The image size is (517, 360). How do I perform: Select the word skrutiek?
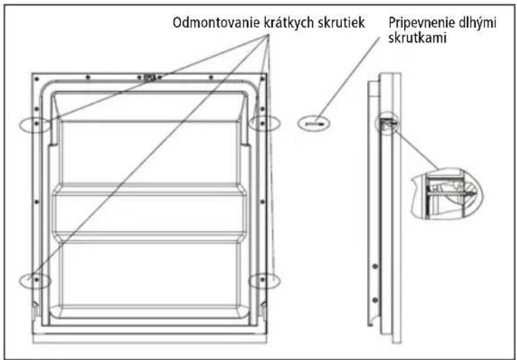(341, 22)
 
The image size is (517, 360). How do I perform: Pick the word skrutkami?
(417, 38)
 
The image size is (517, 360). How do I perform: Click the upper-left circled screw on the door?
(37, 123)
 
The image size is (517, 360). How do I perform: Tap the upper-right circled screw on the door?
(263, 123)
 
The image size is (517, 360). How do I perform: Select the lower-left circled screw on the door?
(36, 280)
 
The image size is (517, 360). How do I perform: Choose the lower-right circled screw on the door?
(263, 280)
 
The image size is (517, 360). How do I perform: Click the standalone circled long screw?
(313, 124)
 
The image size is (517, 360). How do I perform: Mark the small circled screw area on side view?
(387, 123)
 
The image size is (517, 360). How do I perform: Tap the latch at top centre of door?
(150, 78)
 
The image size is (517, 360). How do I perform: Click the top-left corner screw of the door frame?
(37, 79)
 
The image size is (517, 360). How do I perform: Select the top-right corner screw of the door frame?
(263, 79)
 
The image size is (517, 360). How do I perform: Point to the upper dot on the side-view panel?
(375, 266)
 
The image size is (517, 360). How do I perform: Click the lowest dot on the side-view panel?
(375, 300)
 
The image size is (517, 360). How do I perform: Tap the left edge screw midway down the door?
(37, 201)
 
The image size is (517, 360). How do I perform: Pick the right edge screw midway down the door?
(263, 201)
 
